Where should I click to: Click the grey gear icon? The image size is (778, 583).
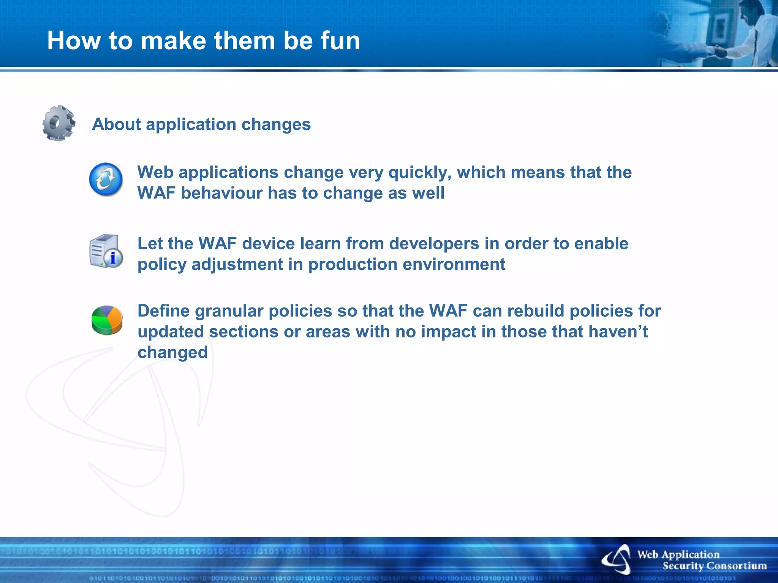point(59,123)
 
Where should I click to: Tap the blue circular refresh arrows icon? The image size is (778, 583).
point(106,180)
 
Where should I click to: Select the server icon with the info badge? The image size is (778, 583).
point(106,251)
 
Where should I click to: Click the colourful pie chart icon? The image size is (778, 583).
point(107,320)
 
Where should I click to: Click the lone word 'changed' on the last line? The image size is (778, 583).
point(172,353)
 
